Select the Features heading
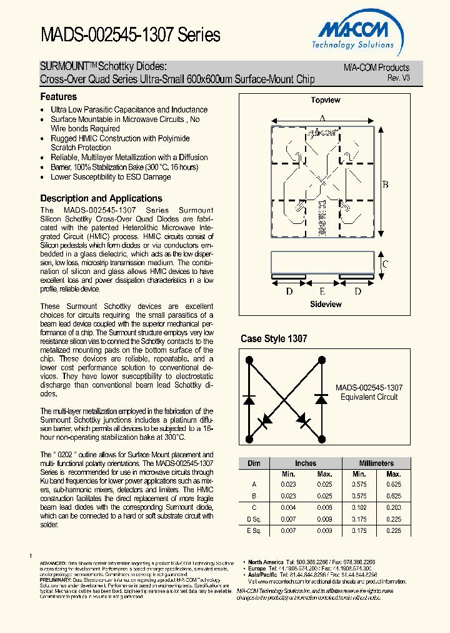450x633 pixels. point(59,97)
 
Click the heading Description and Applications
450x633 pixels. point(101,198)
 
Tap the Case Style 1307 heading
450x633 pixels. point(274,338)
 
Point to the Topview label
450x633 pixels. point(326,100)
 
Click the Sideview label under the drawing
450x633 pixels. point(326,304)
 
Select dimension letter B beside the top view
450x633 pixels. point(386,184)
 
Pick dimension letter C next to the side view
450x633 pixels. point(385,264)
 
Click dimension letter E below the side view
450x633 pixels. point(322,291)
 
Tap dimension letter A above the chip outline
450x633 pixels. point(322,118)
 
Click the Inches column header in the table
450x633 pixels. point(306,463)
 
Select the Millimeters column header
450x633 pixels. point(376,463)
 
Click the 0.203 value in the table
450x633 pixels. point(394,507)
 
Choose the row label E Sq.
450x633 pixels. point(254,530)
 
